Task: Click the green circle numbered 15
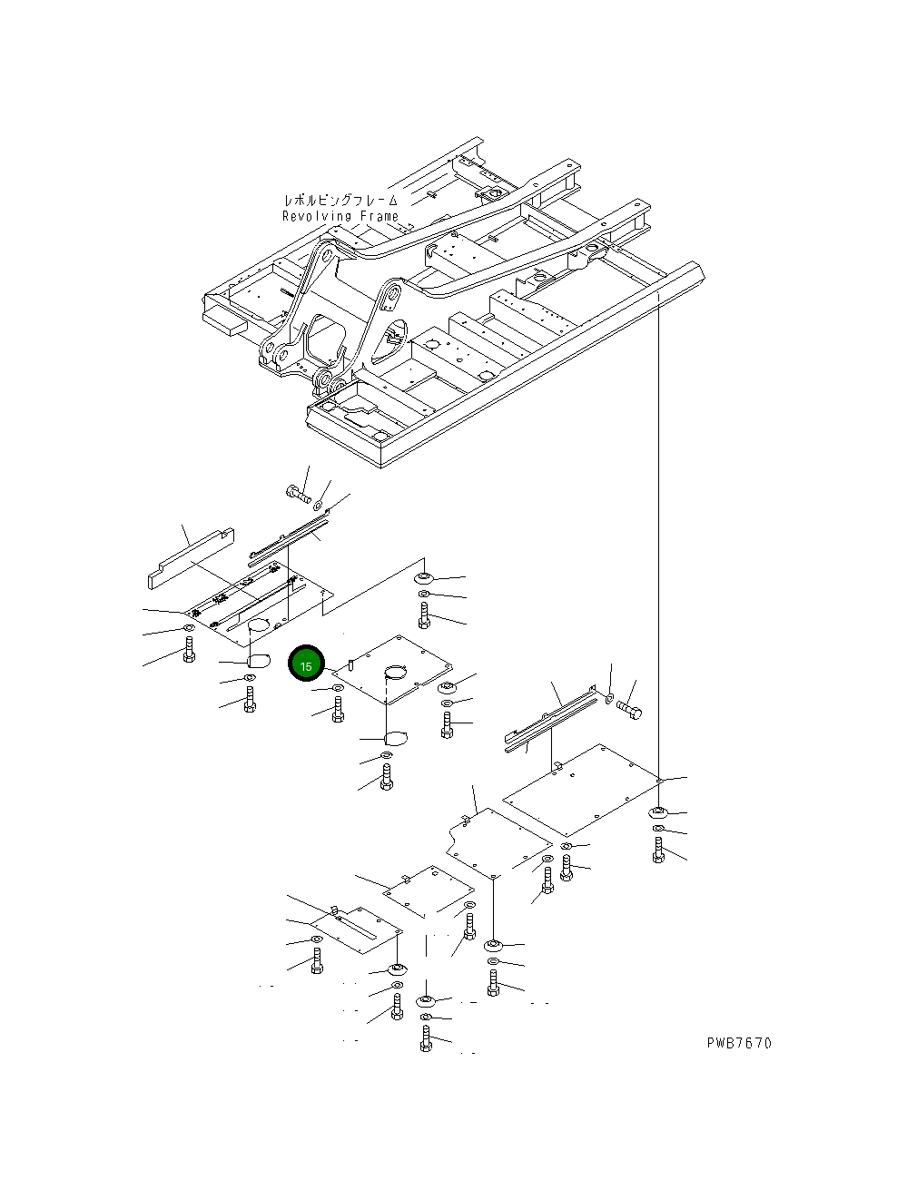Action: click(306, 665)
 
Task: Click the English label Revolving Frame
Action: click(340, 216)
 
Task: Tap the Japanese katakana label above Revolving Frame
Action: click(340, 201)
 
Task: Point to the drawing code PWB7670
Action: click(739, 1043)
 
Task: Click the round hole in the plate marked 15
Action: click(396, 673)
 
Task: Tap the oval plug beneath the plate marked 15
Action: click(397, 736)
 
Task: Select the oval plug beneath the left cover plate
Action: click(259, 660)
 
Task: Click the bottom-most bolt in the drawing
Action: click(426, 1039)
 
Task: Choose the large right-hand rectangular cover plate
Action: click(581, 790)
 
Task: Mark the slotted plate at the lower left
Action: click(356, 930)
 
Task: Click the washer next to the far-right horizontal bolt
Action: click(608, 698)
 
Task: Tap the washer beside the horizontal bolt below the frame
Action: click(318, 502)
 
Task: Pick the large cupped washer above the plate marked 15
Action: click(423, 578)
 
